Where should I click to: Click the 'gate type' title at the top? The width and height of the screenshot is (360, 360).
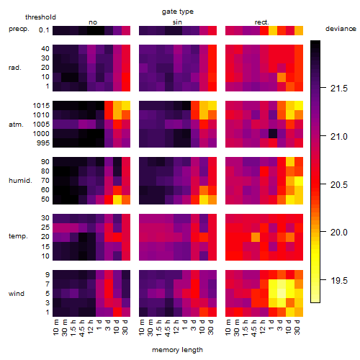click(x=178, y=12)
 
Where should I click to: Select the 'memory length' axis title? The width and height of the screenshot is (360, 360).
click(x=177, y=350)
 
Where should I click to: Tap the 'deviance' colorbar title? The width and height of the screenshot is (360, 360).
click(x=341, y=29)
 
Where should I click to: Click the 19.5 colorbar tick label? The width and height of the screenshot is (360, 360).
click(x=339, y=280)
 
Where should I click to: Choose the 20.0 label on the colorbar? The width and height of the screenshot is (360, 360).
click(x=339, y=233)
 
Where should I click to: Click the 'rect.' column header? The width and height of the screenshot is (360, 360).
click(x=262, y=22)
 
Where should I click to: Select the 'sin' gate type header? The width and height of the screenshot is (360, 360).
click(x=177, y=22)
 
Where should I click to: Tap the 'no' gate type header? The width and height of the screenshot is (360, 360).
click(x=93, y=22)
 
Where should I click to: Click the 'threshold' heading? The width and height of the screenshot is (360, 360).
click(x=40, y=17)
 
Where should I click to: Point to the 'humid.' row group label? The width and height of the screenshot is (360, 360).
click(x=20, y=181)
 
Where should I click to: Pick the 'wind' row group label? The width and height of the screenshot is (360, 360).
click(x=17, y=294)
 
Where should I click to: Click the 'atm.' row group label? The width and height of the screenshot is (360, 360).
click(x=16, y=125)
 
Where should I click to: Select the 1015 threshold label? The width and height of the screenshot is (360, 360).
click(x=41, y=105)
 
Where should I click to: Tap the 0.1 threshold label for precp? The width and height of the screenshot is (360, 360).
click(x=44, y=30)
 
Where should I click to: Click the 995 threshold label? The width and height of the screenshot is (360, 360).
click(x=43, y=143)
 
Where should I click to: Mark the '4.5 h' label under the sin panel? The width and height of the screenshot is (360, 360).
click(x=168, y=328)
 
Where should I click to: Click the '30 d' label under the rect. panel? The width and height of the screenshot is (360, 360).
click(x=297, y=327)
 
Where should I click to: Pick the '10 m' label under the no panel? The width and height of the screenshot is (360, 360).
click(x=55, y=328)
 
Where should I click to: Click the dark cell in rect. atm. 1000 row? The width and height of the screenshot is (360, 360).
click(x=273, y=133)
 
